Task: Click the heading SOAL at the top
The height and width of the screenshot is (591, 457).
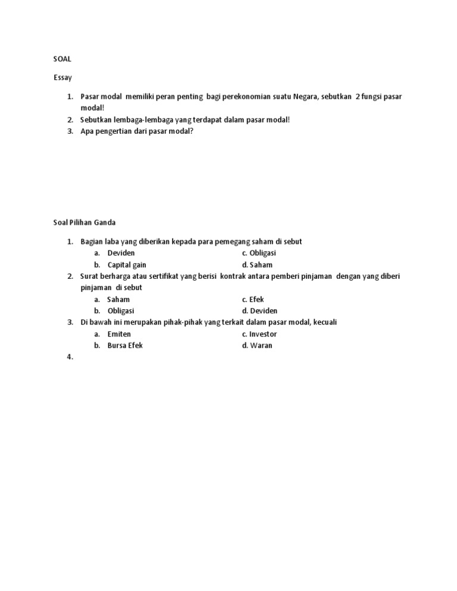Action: click(x=62, y=59)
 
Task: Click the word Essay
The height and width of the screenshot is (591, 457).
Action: click(x=62, y=77)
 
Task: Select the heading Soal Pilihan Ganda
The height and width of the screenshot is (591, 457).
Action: click(x=84, y=222)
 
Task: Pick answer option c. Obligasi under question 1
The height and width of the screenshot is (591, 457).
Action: click(x=259, y=253)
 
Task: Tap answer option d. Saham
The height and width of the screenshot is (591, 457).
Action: click(x=257, y=265)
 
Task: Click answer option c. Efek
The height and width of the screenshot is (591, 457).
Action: click(x=253, y=299)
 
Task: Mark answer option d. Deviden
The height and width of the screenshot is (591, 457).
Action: click(x=259, y=311)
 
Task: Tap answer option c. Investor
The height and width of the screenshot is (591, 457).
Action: click(x=259, y=334)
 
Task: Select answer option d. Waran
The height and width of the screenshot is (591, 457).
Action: click(x=257, y=345)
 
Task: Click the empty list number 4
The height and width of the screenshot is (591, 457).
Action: click(x=70, y=357)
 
